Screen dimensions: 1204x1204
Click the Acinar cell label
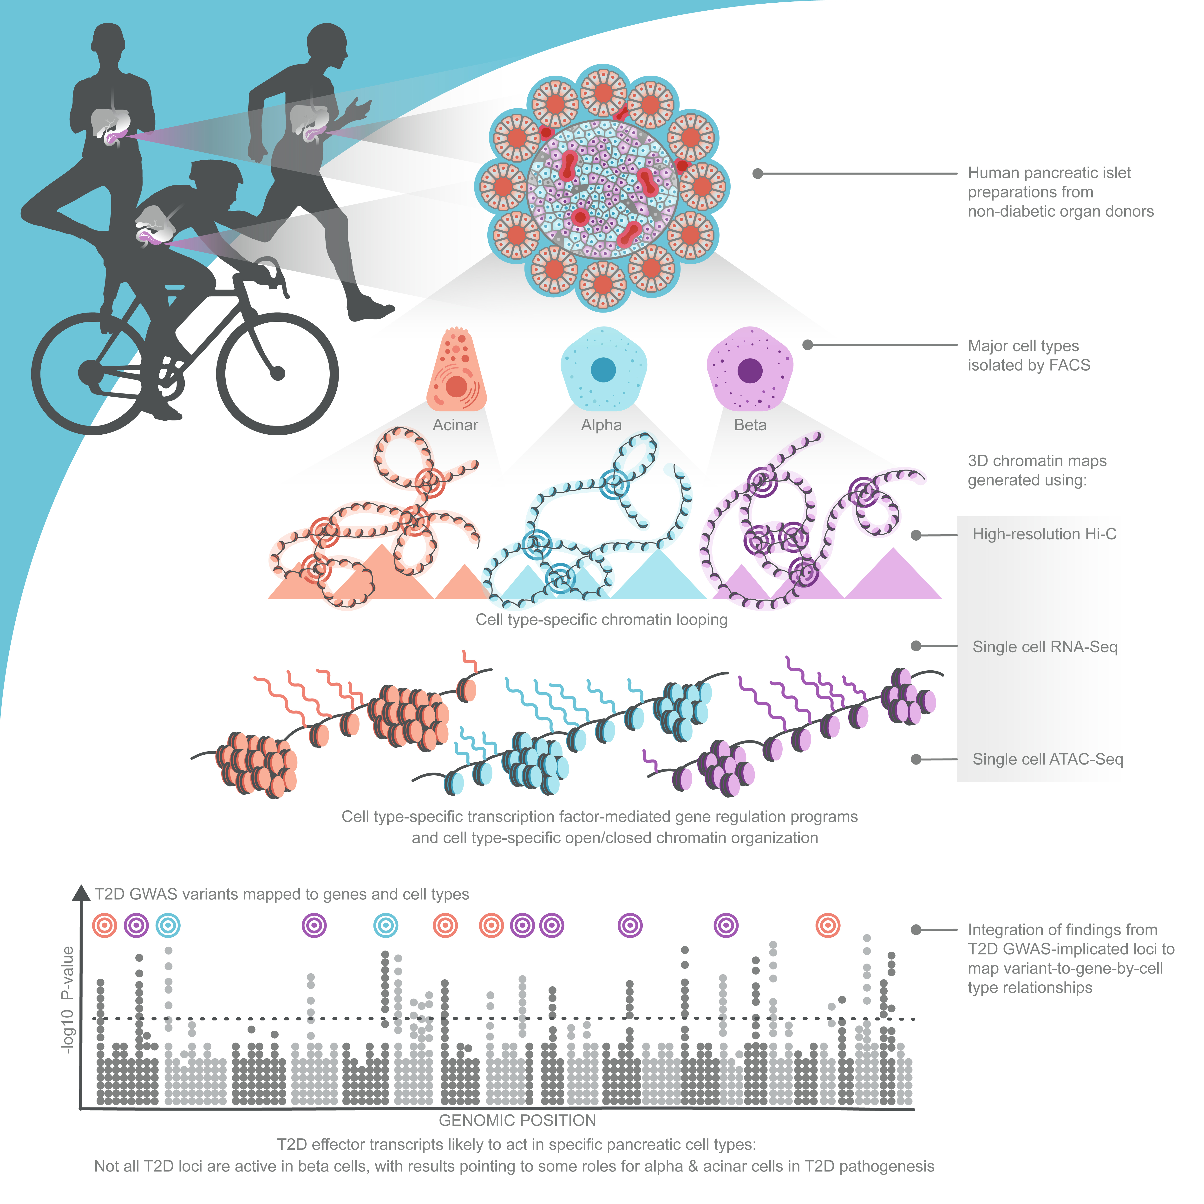tap(456, 425)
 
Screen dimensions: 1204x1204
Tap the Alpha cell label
tap(601, 425)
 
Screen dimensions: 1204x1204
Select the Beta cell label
tap(750, 425)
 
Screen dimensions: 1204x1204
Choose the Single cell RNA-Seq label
tap(1045, 647)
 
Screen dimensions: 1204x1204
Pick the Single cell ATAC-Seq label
tap(1047, 759)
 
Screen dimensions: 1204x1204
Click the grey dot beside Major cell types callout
tap(808, 345)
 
